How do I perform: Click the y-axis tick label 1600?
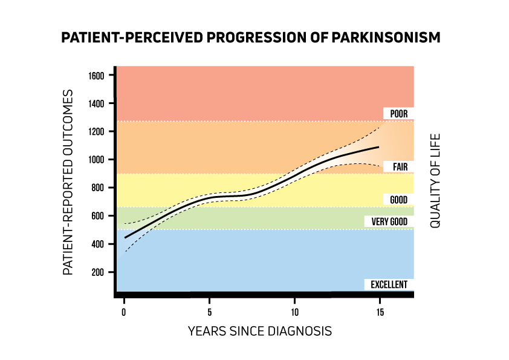tap(97, 76)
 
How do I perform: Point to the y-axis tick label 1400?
tap(97, 103)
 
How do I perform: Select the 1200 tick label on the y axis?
tap(97, 132)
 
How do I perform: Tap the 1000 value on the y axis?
tap(97, 160)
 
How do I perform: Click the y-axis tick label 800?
tap(99, 188)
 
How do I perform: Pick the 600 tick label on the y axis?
tap(99, 216)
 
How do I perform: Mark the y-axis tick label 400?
tap(99, 244)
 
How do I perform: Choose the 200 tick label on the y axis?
tap(99, 272)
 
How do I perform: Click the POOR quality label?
tap(398, 114)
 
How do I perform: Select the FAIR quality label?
tap(399, 166)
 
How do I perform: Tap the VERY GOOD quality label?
tap(389, 222)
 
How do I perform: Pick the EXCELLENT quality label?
tap(389, 284)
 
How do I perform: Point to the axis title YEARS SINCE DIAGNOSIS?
tap(259, 331)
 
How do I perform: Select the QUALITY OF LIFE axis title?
tap(435, 180)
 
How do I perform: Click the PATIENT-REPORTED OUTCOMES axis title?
tap(68, 182)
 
